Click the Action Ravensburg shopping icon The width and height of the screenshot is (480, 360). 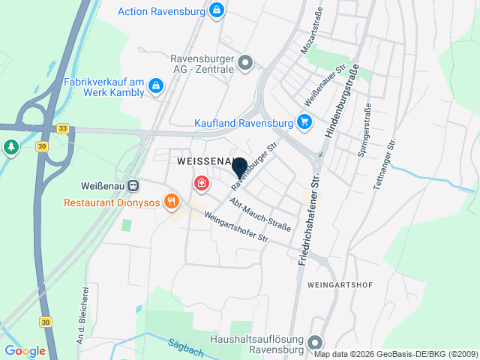pyautogui.click(x=216, y=10)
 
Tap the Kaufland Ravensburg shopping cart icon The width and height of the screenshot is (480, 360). pyautogui.click(x=304, y=121)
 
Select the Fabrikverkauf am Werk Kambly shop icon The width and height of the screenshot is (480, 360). pyautogui.click(x=155, y=86)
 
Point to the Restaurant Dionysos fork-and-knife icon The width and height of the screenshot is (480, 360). pyautogui.click(x=172, y=201)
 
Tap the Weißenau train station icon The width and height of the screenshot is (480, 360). pyautogui.click(x=133, y=185)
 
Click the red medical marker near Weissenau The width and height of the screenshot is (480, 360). pyautogui.click(x=201, y=182)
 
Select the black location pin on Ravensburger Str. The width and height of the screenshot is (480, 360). pyautogui.click(x=239, y=168)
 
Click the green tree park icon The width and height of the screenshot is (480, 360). pyautogui.click(x=10, y=146)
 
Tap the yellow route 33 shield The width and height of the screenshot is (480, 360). pyautogui.click(x=63, y=128)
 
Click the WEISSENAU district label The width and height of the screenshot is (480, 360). pyautogui.click(x=204, y=161)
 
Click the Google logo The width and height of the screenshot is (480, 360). pyautogui.click(x=25, y=350)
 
